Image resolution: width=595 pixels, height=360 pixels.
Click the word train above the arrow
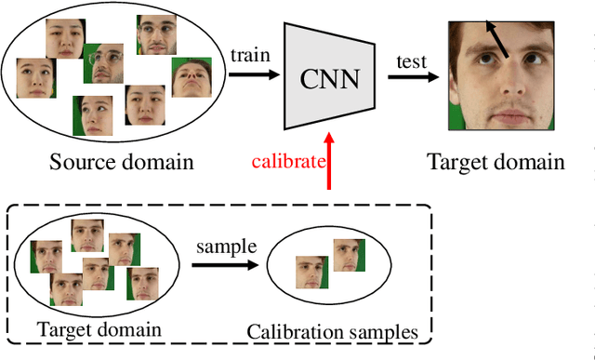tap(250, 56)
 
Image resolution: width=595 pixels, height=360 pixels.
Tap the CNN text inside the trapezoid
tap(330, 78)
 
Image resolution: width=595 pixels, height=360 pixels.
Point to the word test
tap(410, 62)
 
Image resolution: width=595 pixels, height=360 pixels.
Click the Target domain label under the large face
tap(496, 162)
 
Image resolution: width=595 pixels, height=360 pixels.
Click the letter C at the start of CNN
tap(308, 78)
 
